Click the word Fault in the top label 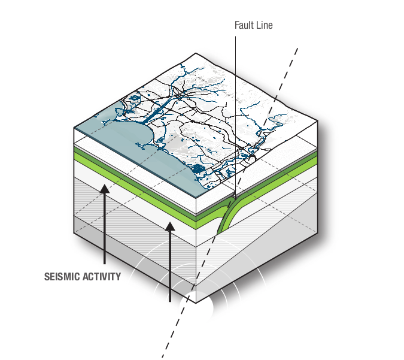click(246, 26)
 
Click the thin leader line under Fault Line click(235, 108)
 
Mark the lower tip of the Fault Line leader click(235, 198)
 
